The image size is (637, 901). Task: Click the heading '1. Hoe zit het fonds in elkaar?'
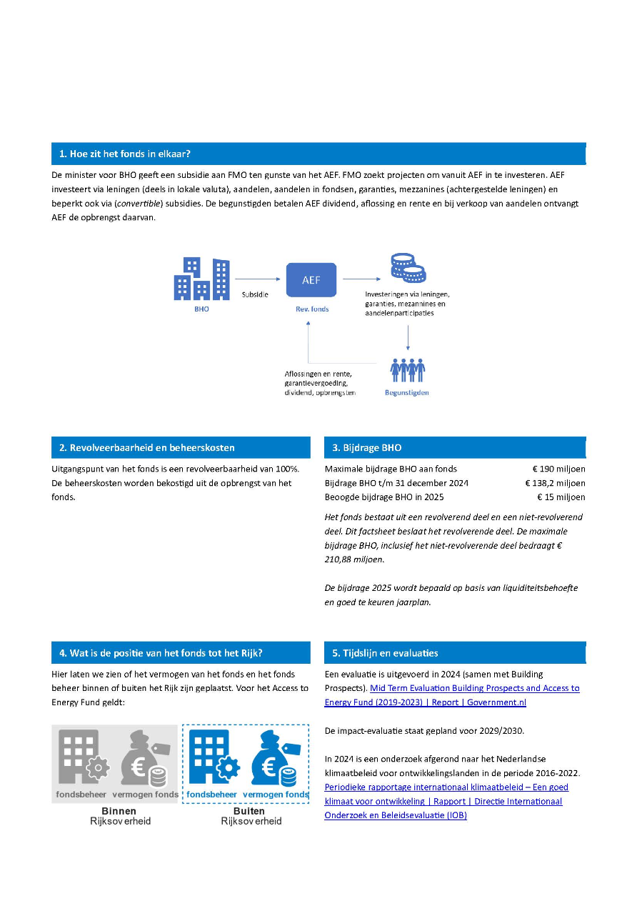[125, 154]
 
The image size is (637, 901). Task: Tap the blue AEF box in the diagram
[311, 280]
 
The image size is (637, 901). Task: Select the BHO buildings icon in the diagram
[202, 279]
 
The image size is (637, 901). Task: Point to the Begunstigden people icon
[407, 370]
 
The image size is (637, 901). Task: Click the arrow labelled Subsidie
[257, 279]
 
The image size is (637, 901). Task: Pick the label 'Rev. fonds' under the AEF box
[311, 309]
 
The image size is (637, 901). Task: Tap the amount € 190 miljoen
[558, 469]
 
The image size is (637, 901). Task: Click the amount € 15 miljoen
[561, 497]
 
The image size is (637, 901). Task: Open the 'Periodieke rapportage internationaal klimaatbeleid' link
[446, 787]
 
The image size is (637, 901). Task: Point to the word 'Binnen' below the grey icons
[119, 812]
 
